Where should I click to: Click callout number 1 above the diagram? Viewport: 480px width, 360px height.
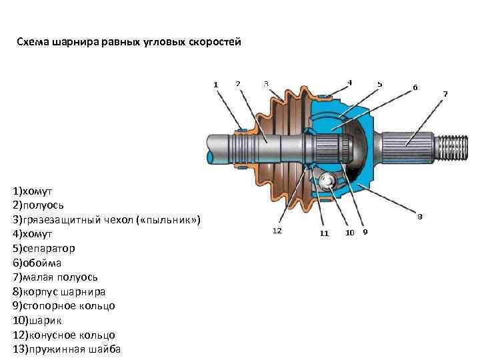click(215, 84)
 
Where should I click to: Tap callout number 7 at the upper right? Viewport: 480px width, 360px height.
click(445, 93)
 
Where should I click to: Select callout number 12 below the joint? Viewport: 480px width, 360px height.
click(277, 230)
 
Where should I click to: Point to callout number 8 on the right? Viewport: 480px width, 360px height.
click(420, 216)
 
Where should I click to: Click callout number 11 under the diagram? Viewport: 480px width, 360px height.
click(324, 233)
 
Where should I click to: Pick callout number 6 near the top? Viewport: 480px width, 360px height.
click(415, 87)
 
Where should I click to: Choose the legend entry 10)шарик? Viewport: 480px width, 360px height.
click(40, 320)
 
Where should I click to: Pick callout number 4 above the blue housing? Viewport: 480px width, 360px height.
click(349, 83)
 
